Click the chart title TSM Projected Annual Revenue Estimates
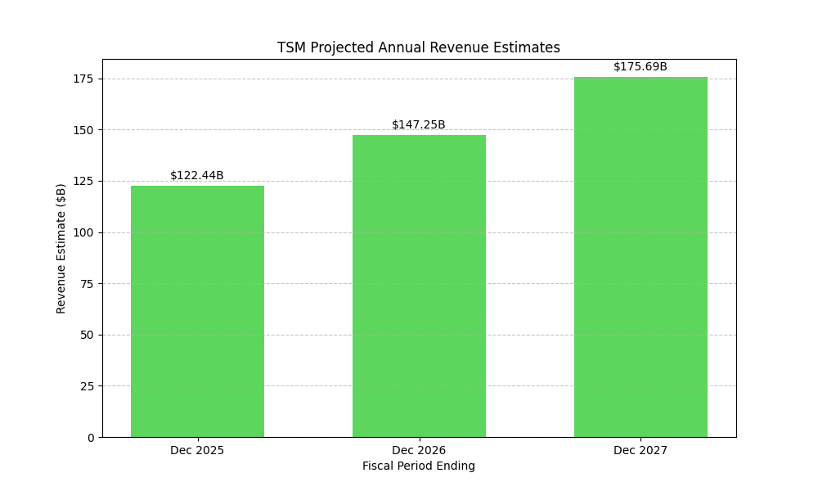418,47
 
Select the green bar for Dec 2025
197,311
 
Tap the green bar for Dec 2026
419,286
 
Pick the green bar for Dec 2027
640,257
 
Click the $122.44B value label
197,176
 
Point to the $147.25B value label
419,125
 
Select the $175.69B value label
640,67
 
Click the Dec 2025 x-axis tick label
197,450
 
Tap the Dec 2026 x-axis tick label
419,450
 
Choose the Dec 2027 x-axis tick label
640,450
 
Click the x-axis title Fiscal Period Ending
419,466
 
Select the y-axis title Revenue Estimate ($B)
61,248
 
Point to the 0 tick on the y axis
91,437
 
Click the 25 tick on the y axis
88,386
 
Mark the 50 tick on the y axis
88,335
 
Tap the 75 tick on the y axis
88,284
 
